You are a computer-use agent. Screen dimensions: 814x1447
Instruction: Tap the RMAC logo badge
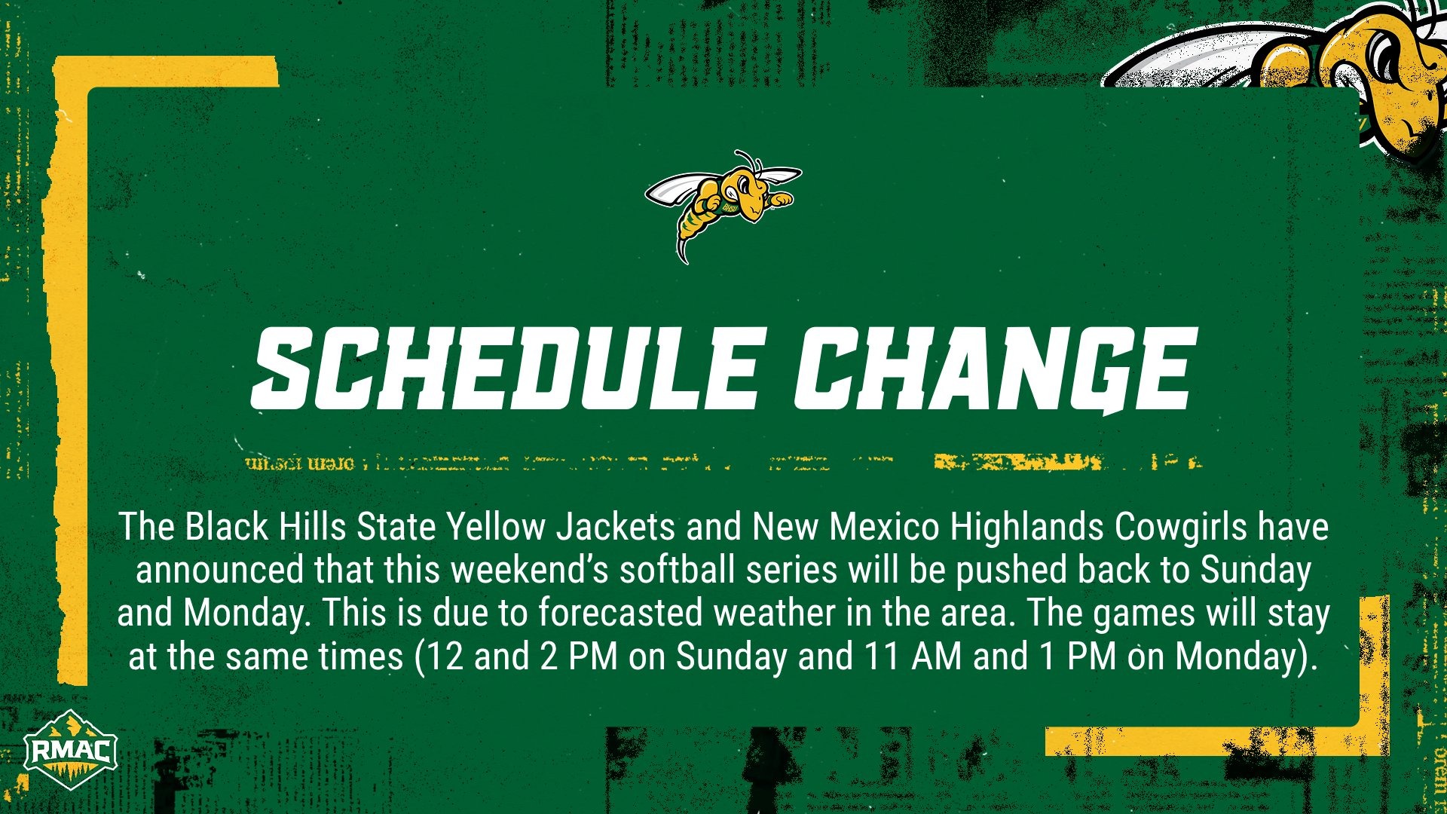(x=69, y=751)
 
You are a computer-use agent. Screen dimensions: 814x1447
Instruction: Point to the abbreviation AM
(x=937, y=656)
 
